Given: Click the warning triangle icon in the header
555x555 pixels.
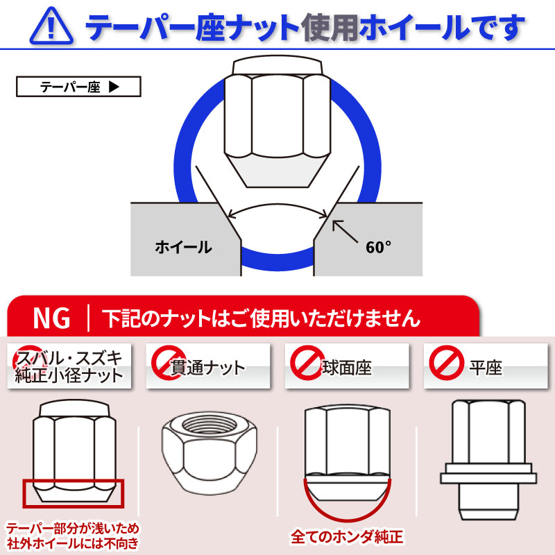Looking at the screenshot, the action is click(x=51, y=26).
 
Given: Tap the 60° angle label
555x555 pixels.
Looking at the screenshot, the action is click(x=378, y=247).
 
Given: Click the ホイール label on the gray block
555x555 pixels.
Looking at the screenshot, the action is click(x=183, y=247).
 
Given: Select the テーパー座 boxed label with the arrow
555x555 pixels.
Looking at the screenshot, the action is click(x=78, y=87).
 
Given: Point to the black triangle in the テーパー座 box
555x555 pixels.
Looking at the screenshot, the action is click(x=114, y=87).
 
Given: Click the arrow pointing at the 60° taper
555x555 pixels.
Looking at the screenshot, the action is click(x=345, y=232).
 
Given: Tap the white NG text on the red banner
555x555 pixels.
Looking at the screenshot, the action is click(x=51, y=318).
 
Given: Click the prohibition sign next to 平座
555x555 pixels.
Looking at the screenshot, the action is click(x=446, y=363).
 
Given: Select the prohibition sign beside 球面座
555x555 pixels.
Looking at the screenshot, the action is click(x=307, y=363).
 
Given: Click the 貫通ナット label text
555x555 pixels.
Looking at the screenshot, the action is click(x=207, y=368).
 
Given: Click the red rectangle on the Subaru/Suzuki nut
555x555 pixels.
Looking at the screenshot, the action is click(x=74, y=494).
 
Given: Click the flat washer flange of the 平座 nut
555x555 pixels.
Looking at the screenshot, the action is click(x=488, y=478).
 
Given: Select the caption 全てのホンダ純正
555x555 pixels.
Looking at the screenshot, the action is click(x=347, y=536).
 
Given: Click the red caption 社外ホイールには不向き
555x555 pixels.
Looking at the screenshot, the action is click(x=73, y=543).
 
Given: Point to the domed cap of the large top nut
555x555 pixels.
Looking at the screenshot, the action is click(x=277, y=65).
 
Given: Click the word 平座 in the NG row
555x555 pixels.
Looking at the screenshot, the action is click(x=486, y=368).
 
